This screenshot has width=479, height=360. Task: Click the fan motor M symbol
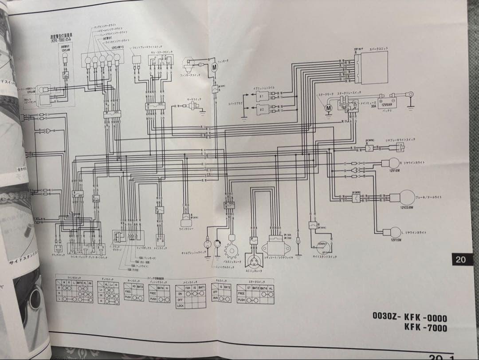pos(213,67)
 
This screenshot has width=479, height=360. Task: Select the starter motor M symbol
pos(329,107)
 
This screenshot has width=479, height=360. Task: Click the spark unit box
pos(370,67)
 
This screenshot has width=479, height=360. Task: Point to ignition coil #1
pos(261,96)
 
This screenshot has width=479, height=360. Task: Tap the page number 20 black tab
pos(460,260)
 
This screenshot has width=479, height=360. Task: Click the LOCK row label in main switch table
pos(180,305)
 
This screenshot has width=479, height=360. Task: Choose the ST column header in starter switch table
pos(249,288)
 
